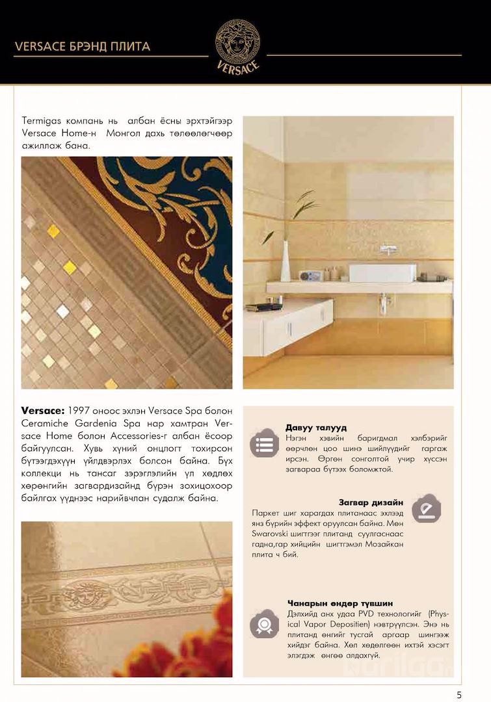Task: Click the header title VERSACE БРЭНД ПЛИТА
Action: [x=82, y=46]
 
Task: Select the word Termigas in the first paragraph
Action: [x=42, y=121]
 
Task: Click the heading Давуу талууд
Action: [x=316, y=428]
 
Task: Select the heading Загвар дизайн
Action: [x=371, y=502]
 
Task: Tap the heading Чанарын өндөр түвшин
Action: [x=339, y=603]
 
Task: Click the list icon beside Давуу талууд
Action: [x=265, y=444]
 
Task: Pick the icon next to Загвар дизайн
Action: [x=426, y=508]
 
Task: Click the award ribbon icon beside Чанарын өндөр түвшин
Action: [x=265, y=625]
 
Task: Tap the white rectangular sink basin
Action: [x=382, y=272]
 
